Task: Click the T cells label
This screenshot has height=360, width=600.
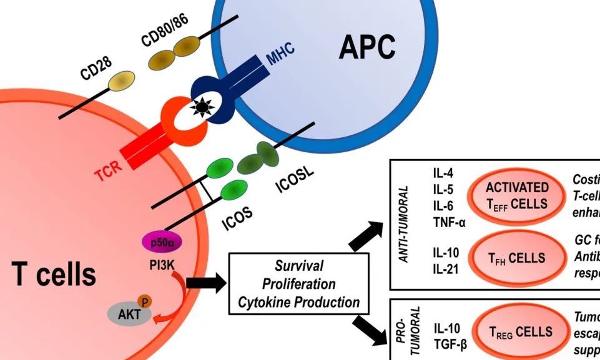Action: (54, 274)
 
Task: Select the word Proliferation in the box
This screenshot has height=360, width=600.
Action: (298, 285)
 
